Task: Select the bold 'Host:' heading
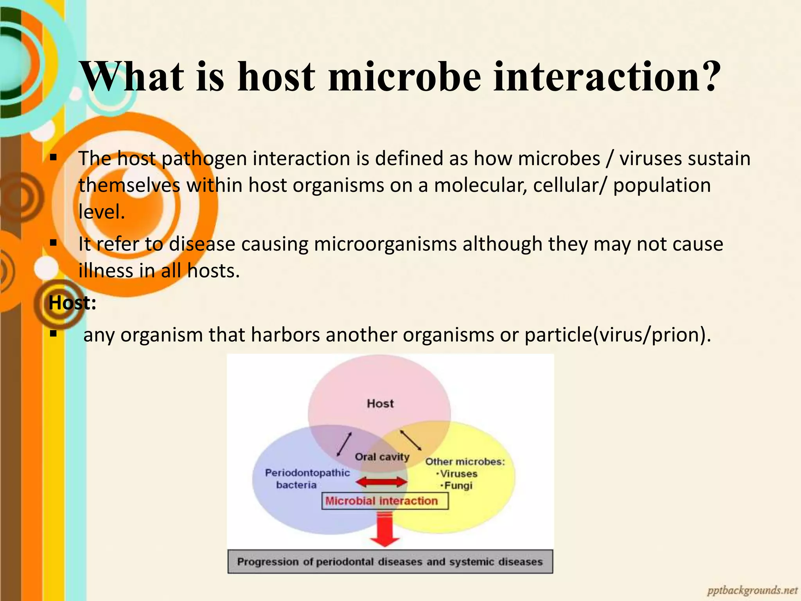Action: [x=72, y=303]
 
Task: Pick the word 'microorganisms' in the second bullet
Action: [x=385, y=244]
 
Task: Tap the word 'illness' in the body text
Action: [x=106, y=270]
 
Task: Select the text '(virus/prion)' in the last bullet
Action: [x=652, y=335]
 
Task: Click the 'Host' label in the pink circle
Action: [x=380, y=403]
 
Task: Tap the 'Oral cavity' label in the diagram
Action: [x=382, y=457]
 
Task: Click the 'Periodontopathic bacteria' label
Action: [x=307, y=479]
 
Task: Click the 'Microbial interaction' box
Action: [x=385, y=501]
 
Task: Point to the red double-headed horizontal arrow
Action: [x=382, y=482]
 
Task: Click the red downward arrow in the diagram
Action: [x=385, y=532]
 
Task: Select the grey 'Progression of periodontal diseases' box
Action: [x=390, y=562]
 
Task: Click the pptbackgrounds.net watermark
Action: [x=752, y=590]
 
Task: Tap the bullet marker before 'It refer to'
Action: [x=54, y=243]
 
